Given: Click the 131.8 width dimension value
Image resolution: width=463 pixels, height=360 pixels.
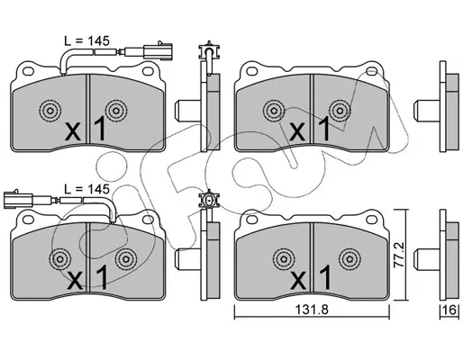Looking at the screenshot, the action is (312, 310).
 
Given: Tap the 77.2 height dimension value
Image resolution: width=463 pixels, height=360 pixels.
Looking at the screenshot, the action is (400, 255).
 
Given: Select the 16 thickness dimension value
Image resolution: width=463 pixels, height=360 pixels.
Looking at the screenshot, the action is (450, 310).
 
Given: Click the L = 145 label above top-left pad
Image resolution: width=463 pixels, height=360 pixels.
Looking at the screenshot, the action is (87, 40).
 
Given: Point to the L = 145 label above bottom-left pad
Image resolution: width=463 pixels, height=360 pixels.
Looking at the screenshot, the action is (87, 189).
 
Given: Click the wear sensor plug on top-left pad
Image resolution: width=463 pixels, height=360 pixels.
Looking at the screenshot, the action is (158, 50).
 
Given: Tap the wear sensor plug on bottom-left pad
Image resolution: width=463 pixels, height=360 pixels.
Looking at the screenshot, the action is (18, 199).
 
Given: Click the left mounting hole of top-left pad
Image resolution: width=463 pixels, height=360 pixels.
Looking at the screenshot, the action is (28, 71).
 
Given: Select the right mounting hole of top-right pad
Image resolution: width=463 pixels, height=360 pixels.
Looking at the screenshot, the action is (372, 71).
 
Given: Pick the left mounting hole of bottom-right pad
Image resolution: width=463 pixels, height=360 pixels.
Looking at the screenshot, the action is (252, 220).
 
